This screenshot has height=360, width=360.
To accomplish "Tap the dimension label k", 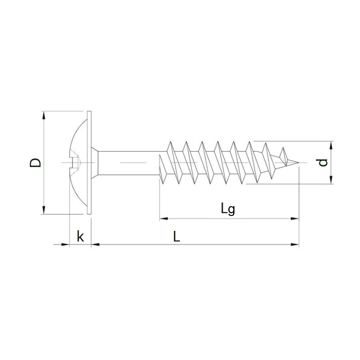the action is [80, 236].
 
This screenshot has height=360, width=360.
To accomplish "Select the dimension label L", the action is [176, 237].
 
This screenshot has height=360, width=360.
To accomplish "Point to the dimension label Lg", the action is [228, 209].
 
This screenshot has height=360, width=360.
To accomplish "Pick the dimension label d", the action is [323, 162].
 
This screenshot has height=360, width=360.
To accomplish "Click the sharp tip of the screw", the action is [299, 162].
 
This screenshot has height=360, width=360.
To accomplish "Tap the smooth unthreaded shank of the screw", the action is [129, 163].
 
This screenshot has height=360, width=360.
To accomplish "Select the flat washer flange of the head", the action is [89, 162].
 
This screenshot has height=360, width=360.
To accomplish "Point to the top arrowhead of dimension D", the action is [44, 116].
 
